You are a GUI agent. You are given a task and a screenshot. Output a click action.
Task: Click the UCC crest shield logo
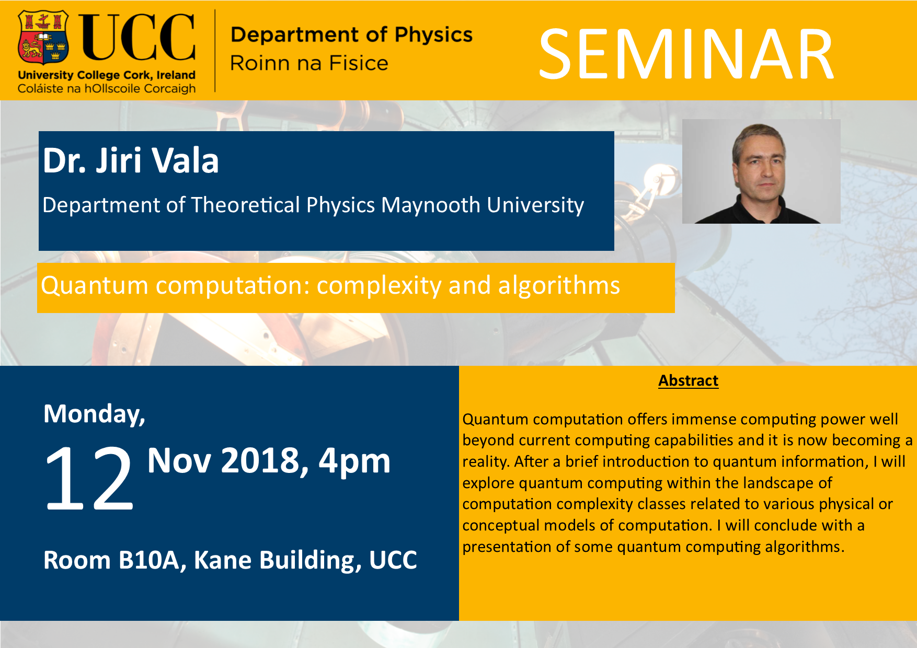43,38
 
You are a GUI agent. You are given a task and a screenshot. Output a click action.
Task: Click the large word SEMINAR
686,54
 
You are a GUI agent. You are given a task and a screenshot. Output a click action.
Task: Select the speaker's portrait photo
761,171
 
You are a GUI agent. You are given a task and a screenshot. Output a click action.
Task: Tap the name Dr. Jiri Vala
131,160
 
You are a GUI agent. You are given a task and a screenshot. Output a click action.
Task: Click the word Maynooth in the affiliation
430,205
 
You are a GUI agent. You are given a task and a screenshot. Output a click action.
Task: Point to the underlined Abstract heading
688,380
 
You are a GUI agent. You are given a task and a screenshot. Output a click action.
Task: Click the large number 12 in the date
89,478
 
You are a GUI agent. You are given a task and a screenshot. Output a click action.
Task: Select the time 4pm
354,461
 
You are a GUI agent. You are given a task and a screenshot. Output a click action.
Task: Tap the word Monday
94,414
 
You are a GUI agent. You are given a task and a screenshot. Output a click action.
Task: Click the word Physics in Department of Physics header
433,35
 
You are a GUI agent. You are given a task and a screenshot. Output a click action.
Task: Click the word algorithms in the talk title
559,286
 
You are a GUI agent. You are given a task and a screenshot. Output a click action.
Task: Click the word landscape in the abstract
778,483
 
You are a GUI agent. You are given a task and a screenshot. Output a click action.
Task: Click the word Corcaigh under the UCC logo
169,88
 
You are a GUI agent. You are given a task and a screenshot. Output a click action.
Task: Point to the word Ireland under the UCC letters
176,75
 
